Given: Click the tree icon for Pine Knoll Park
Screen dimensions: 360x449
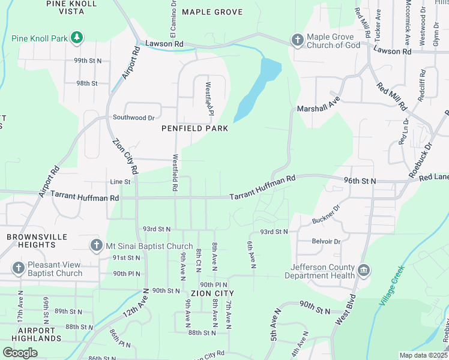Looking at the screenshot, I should pyautogui.click(x=77, y=38).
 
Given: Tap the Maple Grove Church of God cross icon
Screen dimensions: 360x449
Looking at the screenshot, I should pyautogui.click(x=297, y=40).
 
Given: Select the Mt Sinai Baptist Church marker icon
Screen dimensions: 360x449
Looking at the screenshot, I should pyautogui.click(x=96, y=245).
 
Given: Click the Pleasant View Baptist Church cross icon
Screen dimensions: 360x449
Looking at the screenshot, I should pyautogui.click(x=18, y=268).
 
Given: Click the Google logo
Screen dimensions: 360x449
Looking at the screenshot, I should pyautogui.click(x=20, y=353).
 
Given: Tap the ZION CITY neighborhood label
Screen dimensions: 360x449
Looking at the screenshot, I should pyautogui.click(x=212, y=293).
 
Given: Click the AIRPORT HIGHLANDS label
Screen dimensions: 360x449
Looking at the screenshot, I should pyautogui.click(x=36, y=334).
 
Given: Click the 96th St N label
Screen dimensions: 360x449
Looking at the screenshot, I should pyautogui.click(x=360, y=180).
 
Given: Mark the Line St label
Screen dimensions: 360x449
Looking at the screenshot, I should pyautogui.click(x=120, y=182).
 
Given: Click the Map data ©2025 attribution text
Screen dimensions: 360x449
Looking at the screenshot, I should pyautogui.click(x=423, y=355).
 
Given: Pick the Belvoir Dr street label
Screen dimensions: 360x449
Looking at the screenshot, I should pyautogui.click(x=325, y=241).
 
